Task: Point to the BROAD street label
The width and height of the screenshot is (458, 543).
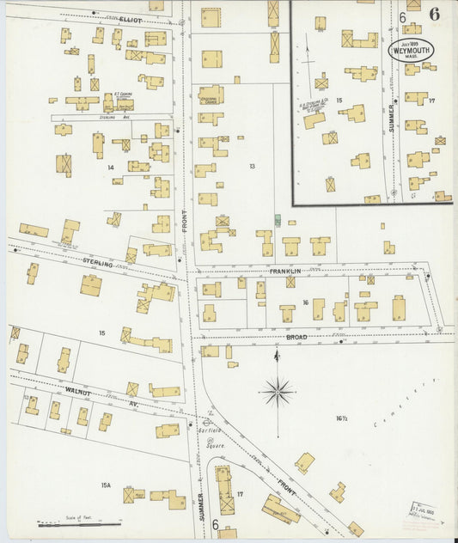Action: pos(296,338)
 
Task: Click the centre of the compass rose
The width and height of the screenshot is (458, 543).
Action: pos(277,392)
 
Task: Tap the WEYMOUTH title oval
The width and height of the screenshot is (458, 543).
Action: pos(412,49)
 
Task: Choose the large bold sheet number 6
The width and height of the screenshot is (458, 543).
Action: pos(436,13)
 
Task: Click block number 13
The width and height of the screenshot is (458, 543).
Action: pos(252,165)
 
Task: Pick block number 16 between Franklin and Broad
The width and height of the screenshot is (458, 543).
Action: pos(305,302)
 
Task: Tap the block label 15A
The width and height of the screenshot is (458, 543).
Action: pos(106,485)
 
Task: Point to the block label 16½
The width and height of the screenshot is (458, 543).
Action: pos(340,418)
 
